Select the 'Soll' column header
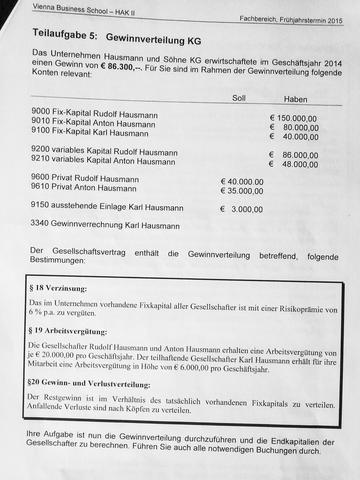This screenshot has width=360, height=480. click(x=238, y=98)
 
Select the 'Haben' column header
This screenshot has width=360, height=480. click(x=295, y=99)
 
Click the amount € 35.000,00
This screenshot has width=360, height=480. click(x=244, y=190)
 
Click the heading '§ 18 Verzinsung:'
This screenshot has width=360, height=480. click(x=64, y=287)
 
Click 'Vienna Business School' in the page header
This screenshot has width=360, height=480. click(x=50, y=6)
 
